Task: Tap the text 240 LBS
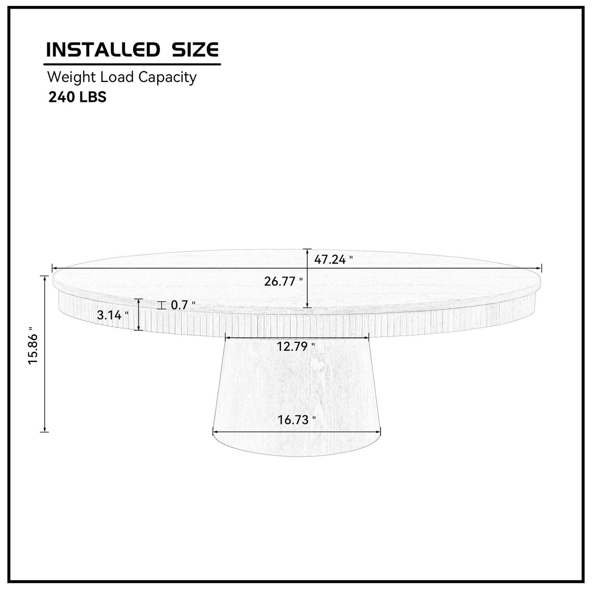(x=77, y=97)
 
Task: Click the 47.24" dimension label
(x=334, y=260)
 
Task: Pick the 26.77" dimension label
(x=283, y=281)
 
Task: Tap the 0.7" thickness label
(x=183, y=305)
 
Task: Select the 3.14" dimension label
(x=113, y=316)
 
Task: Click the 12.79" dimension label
(x=296, y=347)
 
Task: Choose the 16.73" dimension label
(x=296, y=420)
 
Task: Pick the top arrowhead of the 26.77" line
(x=307, y=251)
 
